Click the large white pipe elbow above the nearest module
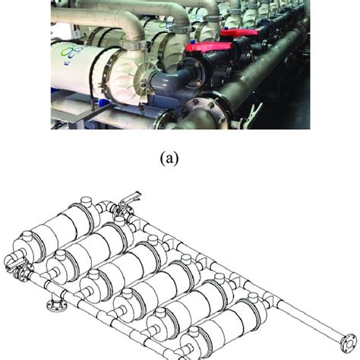[x=148, y=19]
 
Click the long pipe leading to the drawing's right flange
[x=304, y=319]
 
